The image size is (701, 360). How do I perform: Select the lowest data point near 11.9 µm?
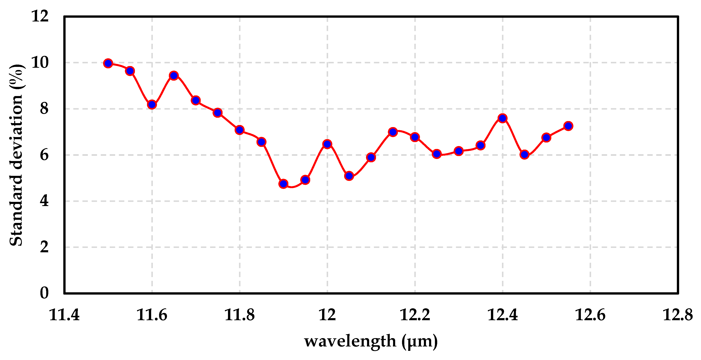coord(283,184)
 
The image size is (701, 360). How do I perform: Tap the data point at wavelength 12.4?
coord(502,118)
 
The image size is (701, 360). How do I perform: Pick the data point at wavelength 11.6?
coord(152,105)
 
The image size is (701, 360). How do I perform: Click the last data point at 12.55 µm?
coord(568,126)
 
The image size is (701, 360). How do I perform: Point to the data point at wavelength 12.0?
coord(327,144)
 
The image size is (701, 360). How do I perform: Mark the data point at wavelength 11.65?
coord(174,75)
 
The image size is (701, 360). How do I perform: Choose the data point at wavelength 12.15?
coord(393,132)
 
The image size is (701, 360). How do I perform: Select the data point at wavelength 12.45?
coord(524,155)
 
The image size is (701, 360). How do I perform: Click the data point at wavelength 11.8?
coord(239,130)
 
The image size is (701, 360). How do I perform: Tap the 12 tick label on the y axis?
coord(40,16)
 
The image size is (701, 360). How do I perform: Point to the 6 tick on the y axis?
coord(44,155)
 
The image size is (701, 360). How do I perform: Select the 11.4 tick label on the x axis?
coord(64,315)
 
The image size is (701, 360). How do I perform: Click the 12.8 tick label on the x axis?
coord(678,315)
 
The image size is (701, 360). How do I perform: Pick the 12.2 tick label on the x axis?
coord(415,315)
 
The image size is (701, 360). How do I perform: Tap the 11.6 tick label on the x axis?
coord(152,315)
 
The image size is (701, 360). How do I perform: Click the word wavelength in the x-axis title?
coord(350,341)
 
